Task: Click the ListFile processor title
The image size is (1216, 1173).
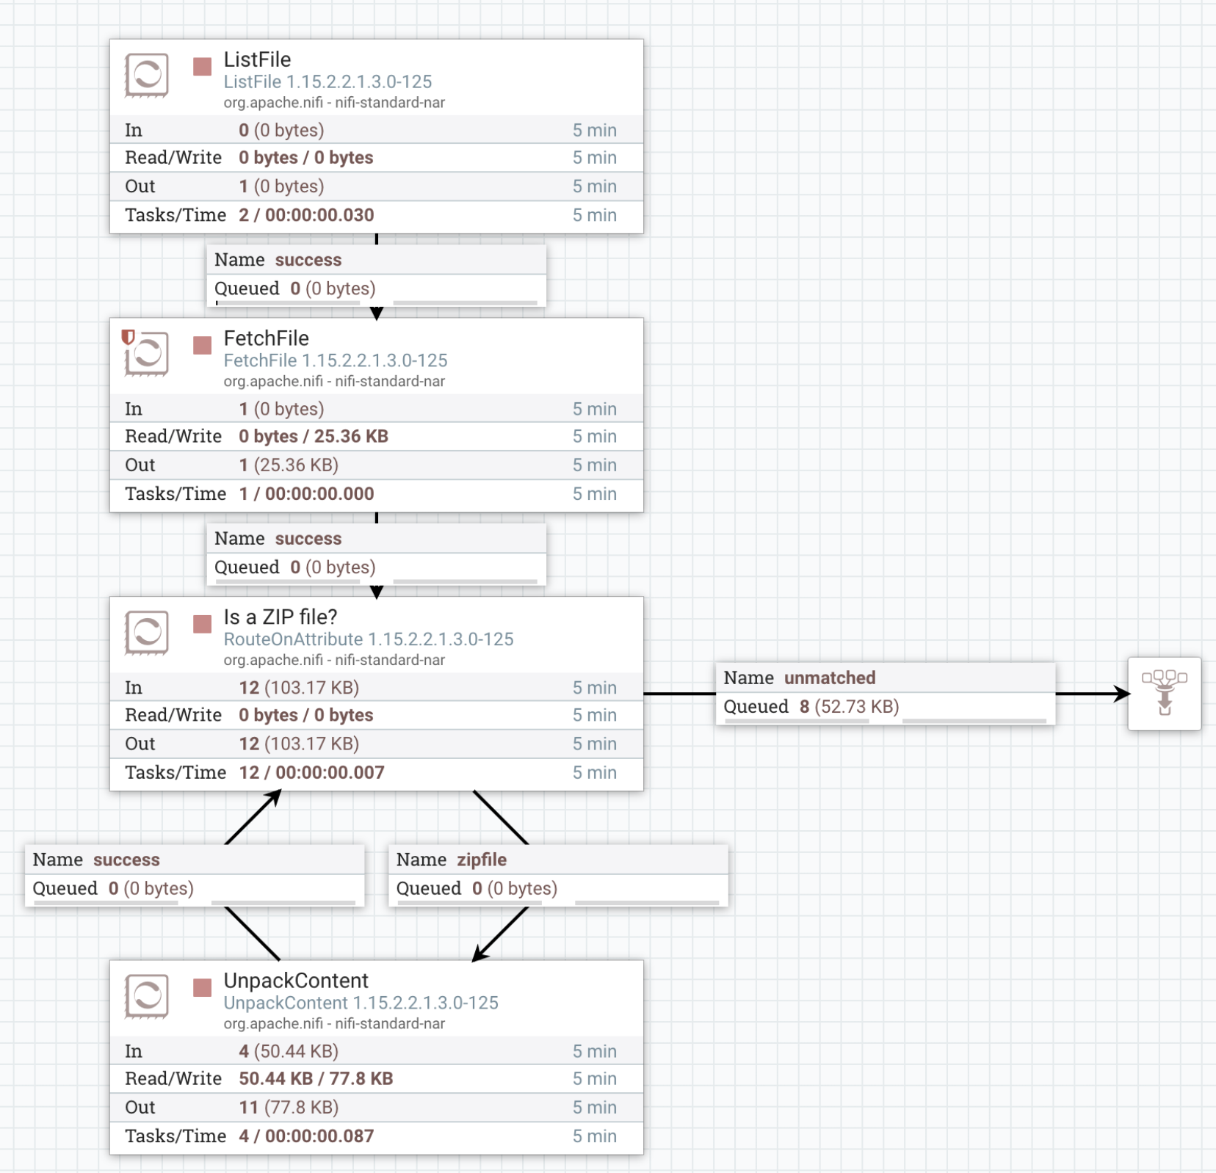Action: point(257,59)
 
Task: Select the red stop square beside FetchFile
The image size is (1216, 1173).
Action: point(202,345)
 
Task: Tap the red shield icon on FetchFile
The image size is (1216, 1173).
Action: point(128,336)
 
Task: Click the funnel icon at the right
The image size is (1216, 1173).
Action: point(1164,693)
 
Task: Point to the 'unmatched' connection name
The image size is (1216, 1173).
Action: point(829,678)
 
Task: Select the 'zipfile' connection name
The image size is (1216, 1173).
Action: point(482,860)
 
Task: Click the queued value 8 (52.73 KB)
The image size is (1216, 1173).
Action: point(849,706)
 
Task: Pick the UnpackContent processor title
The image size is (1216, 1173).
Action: point(296,981)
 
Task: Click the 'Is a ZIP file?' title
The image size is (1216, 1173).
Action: point(280,617)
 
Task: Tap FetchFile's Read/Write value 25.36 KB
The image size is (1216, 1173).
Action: point(350,436)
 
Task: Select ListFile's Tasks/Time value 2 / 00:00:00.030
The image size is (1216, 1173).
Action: point(306,215)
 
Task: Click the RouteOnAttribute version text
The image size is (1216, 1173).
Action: point(368,639)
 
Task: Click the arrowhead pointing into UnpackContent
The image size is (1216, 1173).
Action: point(479,954)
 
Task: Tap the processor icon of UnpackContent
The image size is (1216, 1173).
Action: point(147,996)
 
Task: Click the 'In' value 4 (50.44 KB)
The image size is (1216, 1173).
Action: point(289,1051)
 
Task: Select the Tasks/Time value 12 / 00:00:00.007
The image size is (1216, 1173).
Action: point(311,772)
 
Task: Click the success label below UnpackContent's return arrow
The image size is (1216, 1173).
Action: point(126,860)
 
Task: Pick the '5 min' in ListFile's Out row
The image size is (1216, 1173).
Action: point(594,186)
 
